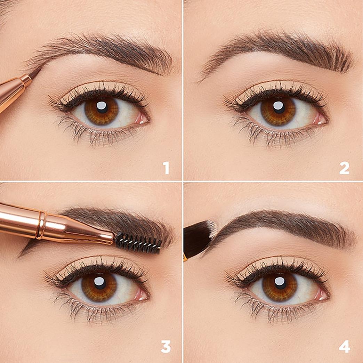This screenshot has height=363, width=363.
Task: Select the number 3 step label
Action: pos(166,346)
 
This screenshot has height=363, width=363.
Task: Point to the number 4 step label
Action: pos(344,346)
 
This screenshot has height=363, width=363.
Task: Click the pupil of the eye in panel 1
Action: pos(102,107)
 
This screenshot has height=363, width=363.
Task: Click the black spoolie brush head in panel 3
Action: pos(138,242)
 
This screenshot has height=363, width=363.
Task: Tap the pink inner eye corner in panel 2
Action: pos(320,119)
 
